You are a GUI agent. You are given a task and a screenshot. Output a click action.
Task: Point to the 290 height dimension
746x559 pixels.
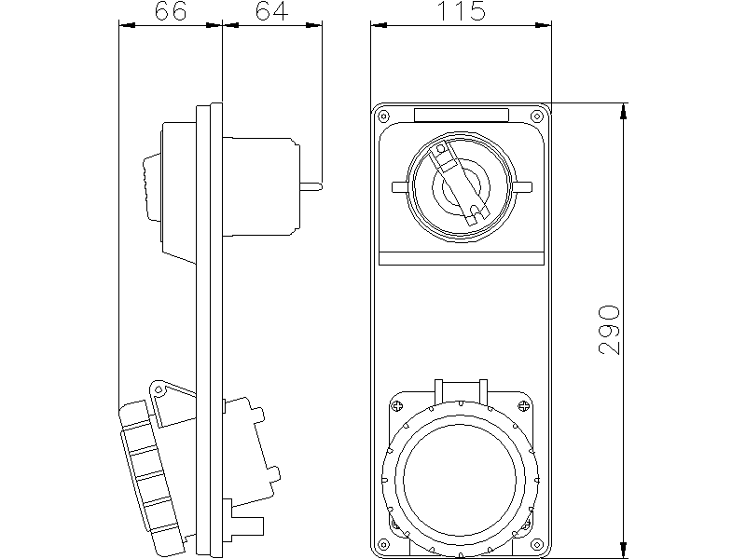[x=609, y=328]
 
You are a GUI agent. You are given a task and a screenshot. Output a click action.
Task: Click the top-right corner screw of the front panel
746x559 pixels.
[x=534, y=116]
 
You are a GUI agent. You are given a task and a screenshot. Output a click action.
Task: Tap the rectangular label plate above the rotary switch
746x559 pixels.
[x=462, y=116]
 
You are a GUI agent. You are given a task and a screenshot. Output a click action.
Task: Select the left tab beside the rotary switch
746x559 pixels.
[x=400, y=186]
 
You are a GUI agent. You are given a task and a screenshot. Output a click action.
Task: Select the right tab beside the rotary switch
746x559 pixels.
[x=522, y=186]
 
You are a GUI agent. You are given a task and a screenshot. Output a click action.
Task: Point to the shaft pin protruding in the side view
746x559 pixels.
[x=311, y=185]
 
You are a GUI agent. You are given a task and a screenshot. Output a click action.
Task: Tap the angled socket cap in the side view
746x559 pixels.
[x=154, y=470]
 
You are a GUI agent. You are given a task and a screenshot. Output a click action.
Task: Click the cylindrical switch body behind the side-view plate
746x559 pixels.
[x=261, y=186]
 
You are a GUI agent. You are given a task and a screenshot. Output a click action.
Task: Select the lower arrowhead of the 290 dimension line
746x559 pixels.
[x=624, y=542]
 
